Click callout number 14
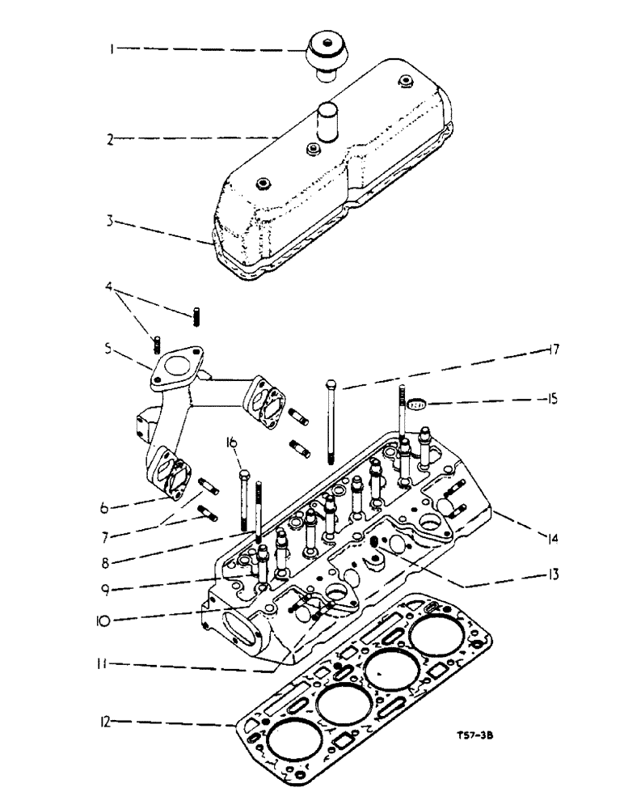click(537, 536)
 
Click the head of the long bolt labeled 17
click(331, 383)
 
